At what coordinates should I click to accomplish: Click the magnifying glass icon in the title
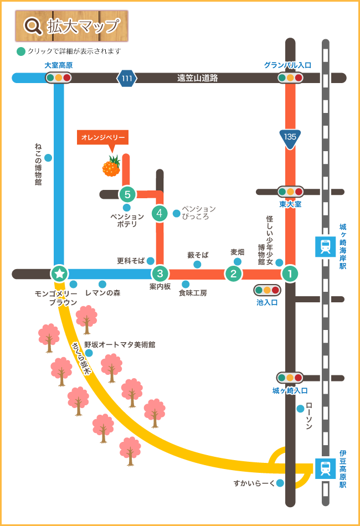pos(33,26)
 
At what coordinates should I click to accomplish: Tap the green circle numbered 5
pos(127,194)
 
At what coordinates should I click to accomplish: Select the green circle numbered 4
pos(160,213)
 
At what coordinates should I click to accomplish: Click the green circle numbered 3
pos(160,273)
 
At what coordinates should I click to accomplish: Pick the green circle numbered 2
pos(233,273)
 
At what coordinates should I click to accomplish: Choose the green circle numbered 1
pos(289,273)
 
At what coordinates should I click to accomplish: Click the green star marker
pos(59,273)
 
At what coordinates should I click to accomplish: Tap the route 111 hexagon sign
pos(127,78)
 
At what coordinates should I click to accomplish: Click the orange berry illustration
pos(111,166)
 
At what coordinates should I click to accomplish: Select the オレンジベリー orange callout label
pos(104,137)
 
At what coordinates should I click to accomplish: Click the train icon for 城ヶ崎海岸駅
pos(324,246)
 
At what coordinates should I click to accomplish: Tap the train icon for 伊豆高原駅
pos(324,468)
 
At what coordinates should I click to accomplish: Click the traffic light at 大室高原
pos(58,78)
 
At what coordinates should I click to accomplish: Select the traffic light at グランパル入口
pos(290,78)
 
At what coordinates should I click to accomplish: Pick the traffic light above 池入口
pos(267,290)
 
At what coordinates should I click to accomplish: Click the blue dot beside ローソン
pos(300,409)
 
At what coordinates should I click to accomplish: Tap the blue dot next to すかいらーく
pos(280,483)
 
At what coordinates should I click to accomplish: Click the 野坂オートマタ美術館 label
pos(120,344)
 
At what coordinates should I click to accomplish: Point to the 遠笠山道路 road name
pos(197,78)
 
